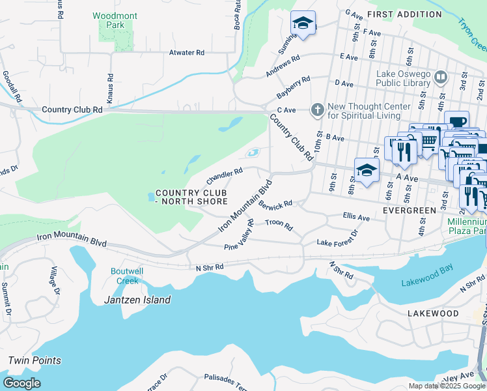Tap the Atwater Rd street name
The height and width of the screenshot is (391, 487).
(x=187, y=53)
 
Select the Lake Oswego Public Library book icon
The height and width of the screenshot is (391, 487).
(x=441, y=78)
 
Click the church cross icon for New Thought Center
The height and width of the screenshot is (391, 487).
(x=317, y=110)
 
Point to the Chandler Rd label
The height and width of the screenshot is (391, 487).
(x=225, y=175)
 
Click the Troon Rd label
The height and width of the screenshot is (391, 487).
(x=280, y=225)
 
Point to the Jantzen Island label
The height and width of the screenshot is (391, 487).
(x=137, y=300)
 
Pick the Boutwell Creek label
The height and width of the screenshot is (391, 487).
(x=128, y=276)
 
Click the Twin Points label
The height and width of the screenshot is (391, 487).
(x=35, y=360)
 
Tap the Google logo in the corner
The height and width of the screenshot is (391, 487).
(x=21, y=383)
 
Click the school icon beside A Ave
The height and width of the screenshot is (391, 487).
(x=367, y=170)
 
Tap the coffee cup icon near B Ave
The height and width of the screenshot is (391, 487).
(x=457, y=122)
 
